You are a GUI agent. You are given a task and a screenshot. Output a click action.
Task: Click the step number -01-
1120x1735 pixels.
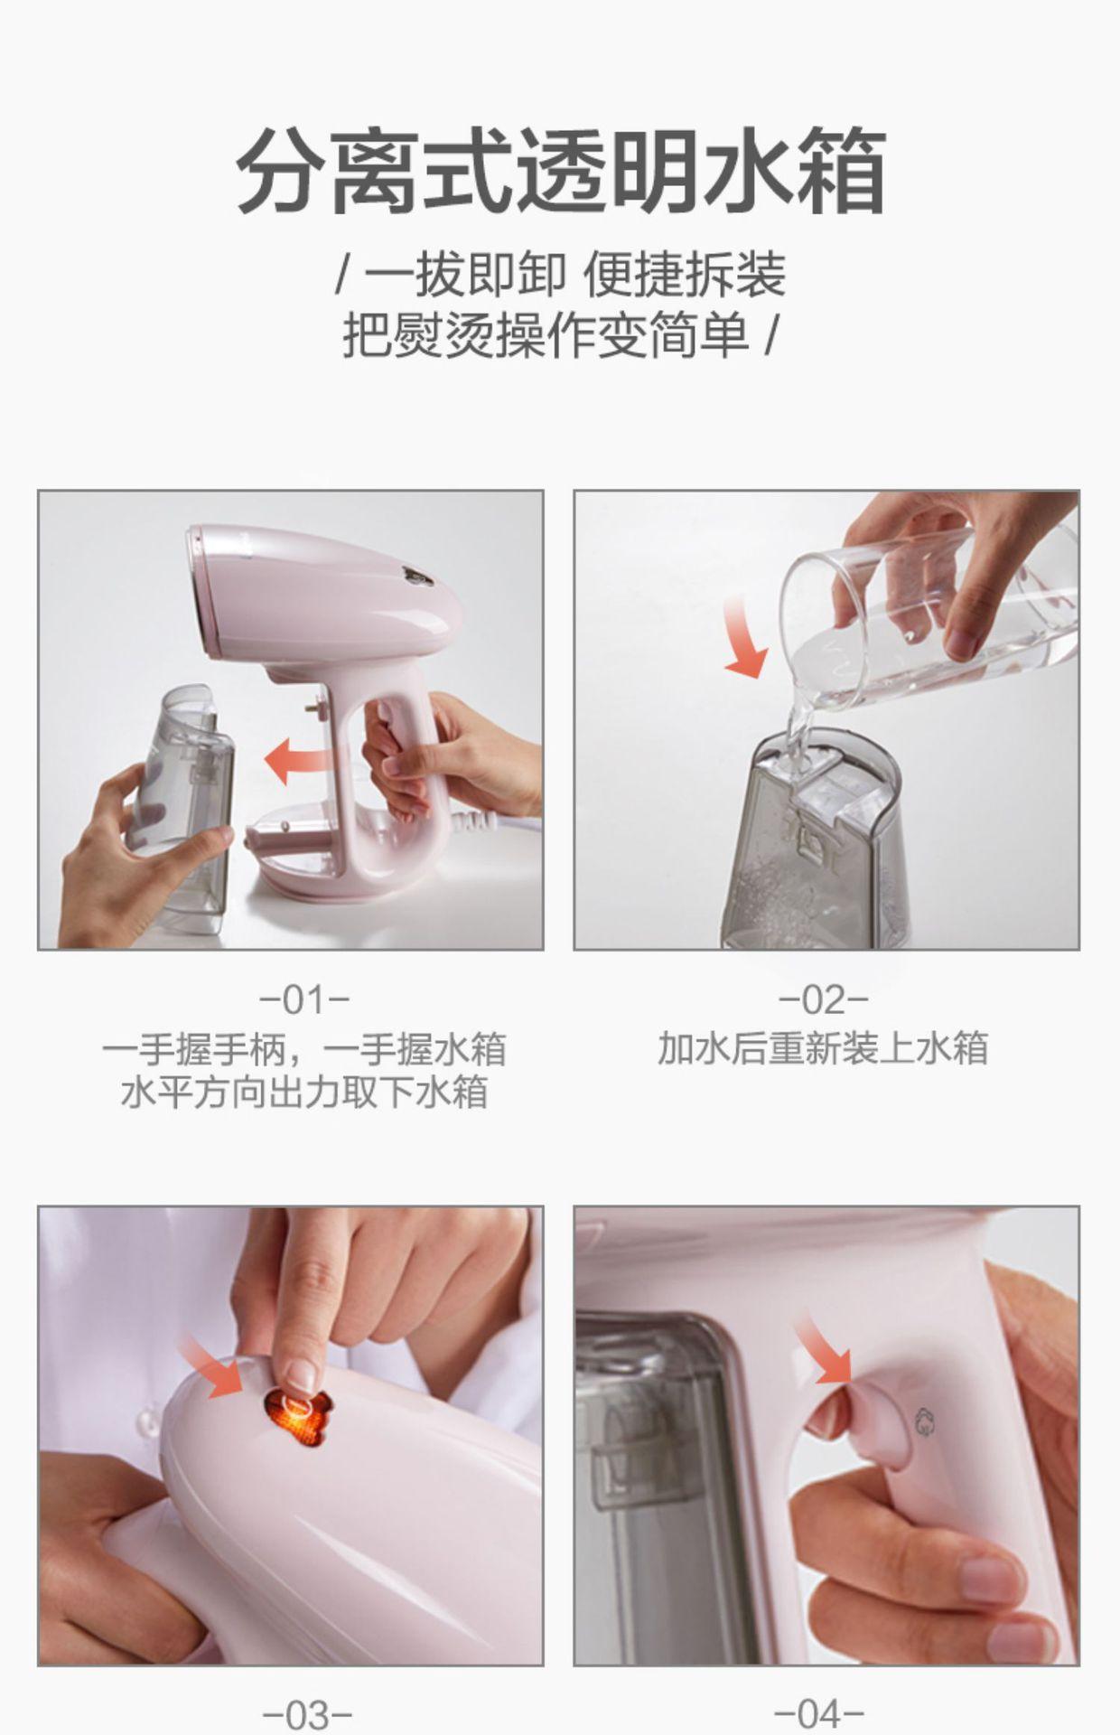coord(304,1000)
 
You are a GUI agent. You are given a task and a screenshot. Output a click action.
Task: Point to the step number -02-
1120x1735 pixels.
coord(824,1000)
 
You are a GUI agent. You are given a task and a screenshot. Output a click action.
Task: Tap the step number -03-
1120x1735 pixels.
coord(306,1714)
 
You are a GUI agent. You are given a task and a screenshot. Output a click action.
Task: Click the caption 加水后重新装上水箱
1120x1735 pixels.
coord(823,1049)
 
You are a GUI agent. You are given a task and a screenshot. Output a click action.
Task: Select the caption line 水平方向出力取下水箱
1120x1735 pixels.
coord(304,1092)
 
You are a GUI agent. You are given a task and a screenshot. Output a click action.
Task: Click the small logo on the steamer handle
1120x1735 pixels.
coord(923,1421)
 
